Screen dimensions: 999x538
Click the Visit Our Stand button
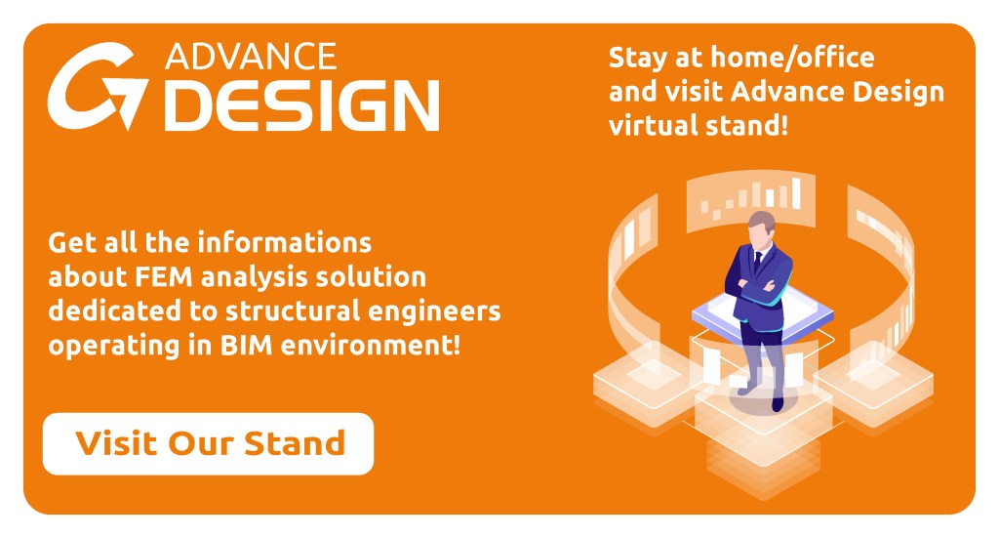pos(208,443)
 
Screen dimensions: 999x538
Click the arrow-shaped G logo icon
pos(97,86)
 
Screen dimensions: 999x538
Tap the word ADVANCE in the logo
pos(251,57)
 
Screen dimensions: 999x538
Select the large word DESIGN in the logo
pos(302,105)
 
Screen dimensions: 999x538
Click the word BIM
pos(246,346)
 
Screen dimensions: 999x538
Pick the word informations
pos(284,243)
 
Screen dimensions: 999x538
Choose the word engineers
pos(434,312)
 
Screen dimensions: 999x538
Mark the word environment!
pos(370,346)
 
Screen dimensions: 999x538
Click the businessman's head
pos(761,228)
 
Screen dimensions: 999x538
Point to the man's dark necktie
pos(757,262)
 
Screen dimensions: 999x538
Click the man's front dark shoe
pos(778,403)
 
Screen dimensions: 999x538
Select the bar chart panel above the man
pos(750,199)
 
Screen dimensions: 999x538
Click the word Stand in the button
pos(295,443)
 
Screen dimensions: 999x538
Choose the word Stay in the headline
pos(638,59)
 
